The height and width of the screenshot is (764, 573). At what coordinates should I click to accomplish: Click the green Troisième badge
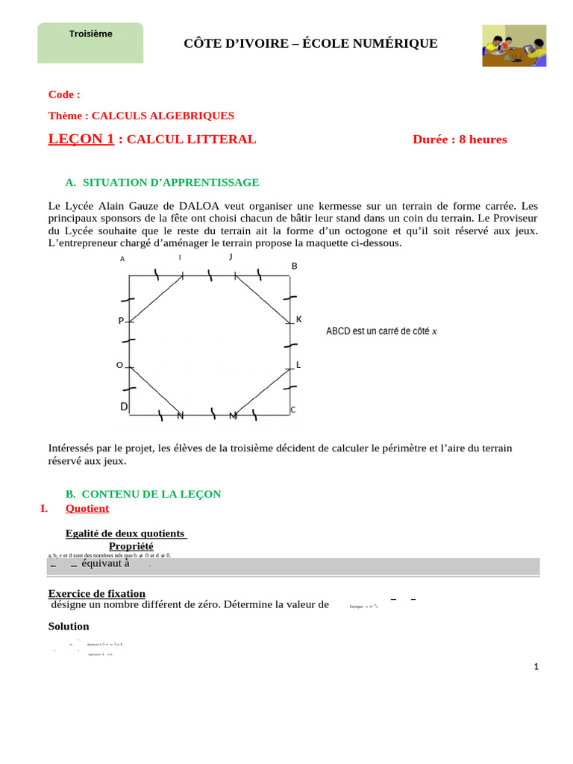click(x=90, y=43)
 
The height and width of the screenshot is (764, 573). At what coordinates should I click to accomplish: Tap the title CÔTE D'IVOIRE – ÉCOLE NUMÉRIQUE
click(x=310, y=44)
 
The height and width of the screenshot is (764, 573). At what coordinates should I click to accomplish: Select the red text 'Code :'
click(x=64, y=95)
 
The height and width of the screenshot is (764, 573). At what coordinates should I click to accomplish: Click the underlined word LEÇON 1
click(x=81, y=139)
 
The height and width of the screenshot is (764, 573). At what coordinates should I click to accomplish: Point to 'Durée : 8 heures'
click(x=460, y=140)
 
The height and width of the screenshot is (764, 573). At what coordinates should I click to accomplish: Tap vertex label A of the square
click(x=122, y=259)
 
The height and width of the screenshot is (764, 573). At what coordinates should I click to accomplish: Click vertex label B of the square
click(x=294, y=266)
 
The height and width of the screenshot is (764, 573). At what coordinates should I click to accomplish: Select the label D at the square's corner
click(x=125, y=407)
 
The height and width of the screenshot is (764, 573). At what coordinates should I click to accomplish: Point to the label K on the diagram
click(x=299, y=319)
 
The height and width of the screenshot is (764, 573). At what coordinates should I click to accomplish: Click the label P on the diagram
click(x=121, y=321)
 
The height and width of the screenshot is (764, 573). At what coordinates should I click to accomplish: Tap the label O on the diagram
click(x=119, y=365)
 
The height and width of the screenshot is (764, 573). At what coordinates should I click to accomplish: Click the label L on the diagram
click(x=298, y=365)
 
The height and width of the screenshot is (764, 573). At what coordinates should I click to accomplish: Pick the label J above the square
click(x=231, y=257)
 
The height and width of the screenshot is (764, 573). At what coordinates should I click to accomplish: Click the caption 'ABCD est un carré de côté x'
click(x=381, y=331)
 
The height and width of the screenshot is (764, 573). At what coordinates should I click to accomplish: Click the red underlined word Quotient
click(x=87, y=508)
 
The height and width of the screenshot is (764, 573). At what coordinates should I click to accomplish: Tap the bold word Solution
click(x=69, y=626)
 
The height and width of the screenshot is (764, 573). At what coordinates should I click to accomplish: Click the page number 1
click(x=536, y=667)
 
